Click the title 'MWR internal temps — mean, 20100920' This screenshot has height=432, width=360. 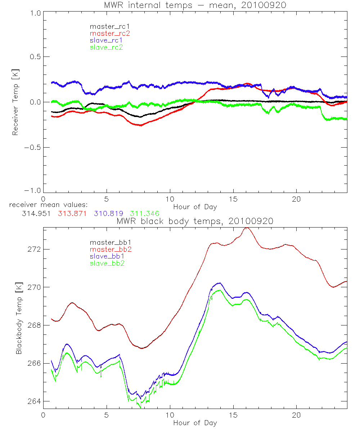[195, 5]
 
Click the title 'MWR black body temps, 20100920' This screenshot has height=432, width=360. [195, 221]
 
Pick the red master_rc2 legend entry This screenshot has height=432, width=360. [110, 33]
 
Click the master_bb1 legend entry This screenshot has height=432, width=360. [108, 242]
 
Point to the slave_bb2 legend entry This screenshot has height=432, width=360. [108, 263]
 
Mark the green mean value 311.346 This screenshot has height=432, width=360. [145, 213]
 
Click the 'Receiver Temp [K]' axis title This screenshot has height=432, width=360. [15, 103]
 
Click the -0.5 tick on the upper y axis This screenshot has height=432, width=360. [33, 147]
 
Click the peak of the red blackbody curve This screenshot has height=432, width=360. [246, 228]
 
